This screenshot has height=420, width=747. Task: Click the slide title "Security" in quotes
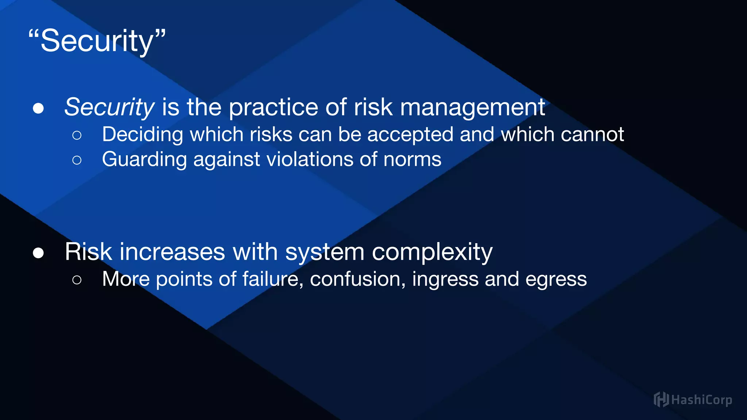[x=97, y=41]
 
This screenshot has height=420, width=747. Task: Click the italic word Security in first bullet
[x=109, y=107]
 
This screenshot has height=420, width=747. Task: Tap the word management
[x=472, y=107]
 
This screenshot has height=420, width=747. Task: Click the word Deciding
[x=142, y=135]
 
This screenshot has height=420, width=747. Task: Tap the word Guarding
[x=144, y=160]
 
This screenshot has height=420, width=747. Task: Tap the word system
[x=325, y=252]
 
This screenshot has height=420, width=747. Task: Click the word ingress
[x=445, y=280]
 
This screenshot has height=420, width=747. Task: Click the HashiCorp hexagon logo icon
[x=661, y=400]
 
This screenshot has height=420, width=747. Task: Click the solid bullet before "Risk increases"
[x=38, y=253]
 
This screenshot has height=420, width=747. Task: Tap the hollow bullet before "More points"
[x=77, y=280]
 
